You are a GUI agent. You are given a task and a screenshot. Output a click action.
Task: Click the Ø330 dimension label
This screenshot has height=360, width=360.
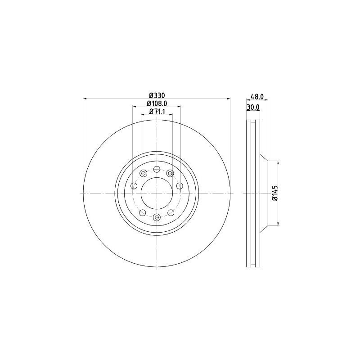(157, 95)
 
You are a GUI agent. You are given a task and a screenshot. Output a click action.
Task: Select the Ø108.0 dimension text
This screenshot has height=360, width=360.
(157, 103)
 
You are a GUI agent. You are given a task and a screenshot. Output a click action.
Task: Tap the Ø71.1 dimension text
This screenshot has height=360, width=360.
(157, 112)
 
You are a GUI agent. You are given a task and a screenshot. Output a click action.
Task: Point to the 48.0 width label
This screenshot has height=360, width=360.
(256, 96)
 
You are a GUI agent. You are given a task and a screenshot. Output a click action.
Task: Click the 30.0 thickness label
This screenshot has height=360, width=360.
(254, 107)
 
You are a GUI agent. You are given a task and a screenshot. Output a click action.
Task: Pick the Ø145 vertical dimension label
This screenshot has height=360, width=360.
(274, 193)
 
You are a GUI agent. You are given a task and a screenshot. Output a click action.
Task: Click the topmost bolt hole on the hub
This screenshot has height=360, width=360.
(157, 169)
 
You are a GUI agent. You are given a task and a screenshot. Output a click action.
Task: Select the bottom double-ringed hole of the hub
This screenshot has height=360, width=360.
(157, 217)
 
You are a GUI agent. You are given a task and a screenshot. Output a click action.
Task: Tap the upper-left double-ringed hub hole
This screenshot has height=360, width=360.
(144, 173)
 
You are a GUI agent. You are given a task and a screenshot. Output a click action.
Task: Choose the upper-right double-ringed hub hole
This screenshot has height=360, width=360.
(170, 173)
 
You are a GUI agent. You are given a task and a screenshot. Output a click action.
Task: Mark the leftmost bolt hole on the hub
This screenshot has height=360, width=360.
(134, 186)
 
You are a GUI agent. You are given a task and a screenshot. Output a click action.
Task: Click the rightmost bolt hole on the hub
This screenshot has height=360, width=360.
(180, 186)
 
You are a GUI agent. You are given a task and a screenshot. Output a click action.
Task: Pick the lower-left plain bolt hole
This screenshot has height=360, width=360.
(143, 212)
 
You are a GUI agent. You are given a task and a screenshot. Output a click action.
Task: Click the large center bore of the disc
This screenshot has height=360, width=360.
(157, 193)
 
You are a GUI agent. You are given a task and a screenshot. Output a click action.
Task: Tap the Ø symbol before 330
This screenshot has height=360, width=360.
(151, 95)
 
